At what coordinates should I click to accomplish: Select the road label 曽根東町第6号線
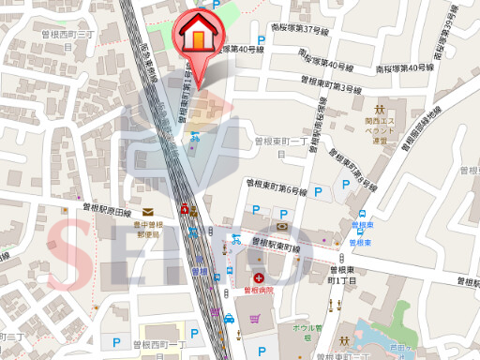pyautogui.click(x=277, y=185)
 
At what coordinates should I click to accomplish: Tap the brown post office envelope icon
pyautogui.click(x=147, y=213)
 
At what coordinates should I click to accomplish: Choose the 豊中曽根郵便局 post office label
pyautogui.click(x=147, y=230)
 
